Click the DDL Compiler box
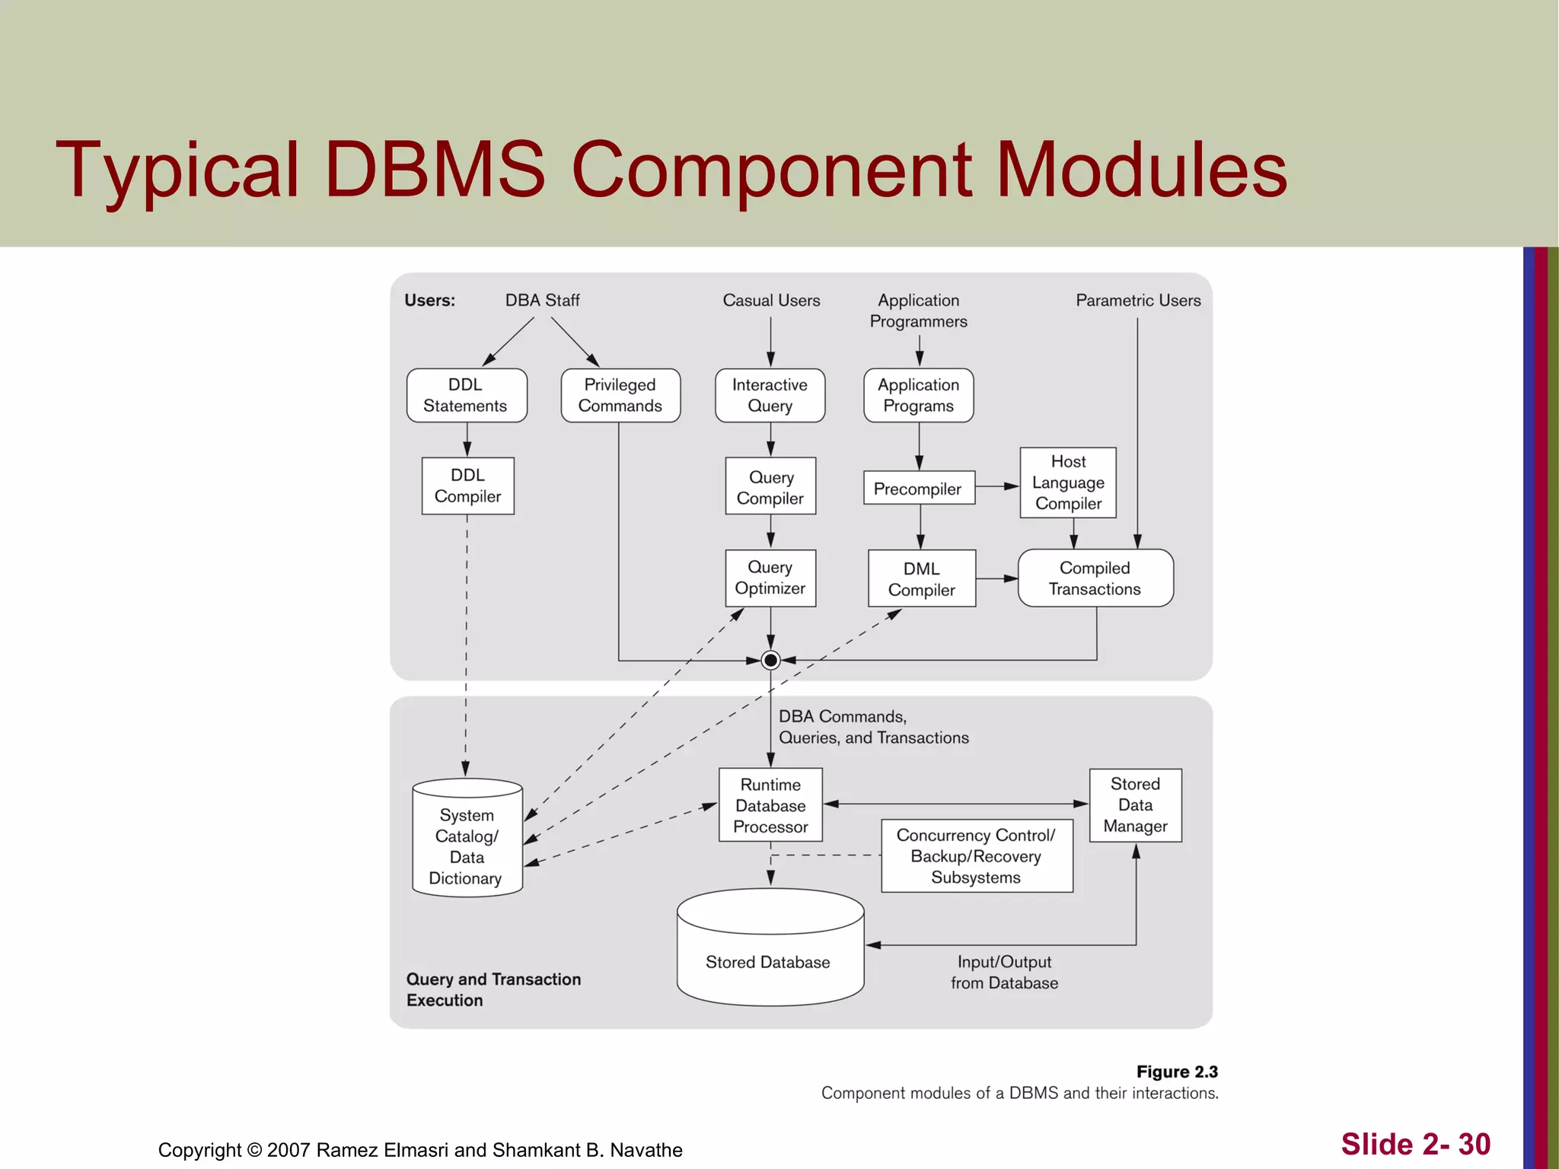pyautogui.click(x=467, y=486)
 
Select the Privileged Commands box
pyautogui.click(x=620, y=395)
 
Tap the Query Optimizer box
pyautogui.click(x=770, y=578)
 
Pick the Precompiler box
pyautogui.click(x=918, y=488)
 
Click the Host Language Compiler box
pyautogui.click(x=1068, y=483)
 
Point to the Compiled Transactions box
pyautogui.click(x=1095, y=578)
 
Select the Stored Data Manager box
pyautogui.click(x=1135, y=804)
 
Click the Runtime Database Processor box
pyautogui.click(x=770, y=805)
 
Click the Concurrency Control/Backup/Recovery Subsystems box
pyautogui.click(x=976, y=855)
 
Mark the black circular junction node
pyautogui.click(x=770, y=660)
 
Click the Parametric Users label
pyautogui.click(x=1137, y=301)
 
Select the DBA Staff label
pyautogui.click(x=542, y=301)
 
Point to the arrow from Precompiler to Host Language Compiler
pyautogui.click(x=996, y=486)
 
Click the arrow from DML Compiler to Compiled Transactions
pyautogui.click(x=996, y=578)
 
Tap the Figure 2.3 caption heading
pyautogui.click(x=1176, y=1072)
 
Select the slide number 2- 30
pyautogui.click(x=1415, y=1144)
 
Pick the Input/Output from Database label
pyautogui.click(x=1004, y=972)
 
